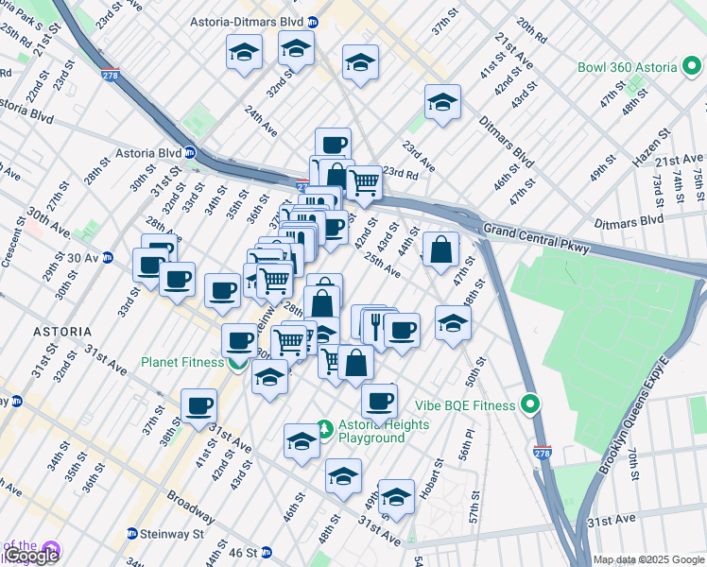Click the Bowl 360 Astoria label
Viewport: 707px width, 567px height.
coord(628,68)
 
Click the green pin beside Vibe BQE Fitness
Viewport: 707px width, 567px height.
coord(530,405)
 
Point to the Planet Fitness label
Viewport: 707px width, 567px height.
coord(182,362)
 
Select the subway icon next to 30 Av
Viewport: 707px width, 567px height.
coord(108,257)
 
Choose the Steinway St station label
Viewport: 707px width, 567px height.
coord(172,534)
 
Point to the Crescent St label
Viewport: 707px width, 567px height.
coord(16,246)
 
